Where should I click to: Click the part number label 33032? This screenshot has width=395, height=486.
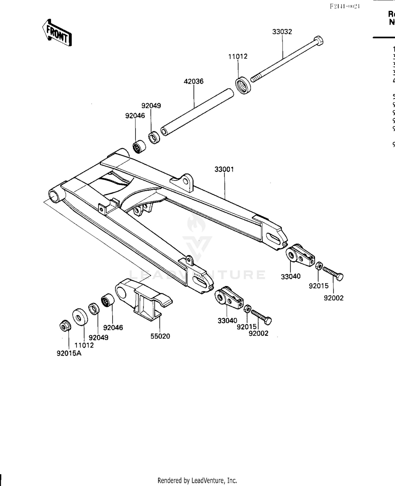tap(282, 32)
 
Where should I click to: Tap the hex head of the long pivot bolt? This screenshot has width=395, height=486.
tap(318, 41)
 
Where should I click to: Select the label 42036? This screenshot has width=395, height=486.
tap(194, 81)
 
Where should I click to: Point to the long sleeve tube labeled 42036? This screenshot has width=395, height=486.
tap(197, 112)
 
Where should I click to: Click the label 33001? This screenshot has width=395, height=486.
tap(224, 169)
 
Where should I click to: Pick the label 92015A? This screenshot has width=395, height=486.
tap(69, 354)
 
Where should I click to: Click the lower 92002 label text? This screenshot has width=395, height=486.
tap(258, 333)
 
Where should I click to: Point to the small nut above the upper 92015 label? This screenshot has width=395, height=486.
tap(318, 265)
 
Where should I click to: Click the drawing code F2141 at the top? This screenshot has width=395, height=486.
tap(345, 6)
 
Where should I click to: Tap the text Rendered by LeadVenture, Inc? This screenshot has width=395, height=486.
tap(197, 480)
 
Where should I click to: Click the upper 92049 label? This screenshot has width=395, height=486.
tap(151, 106)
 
